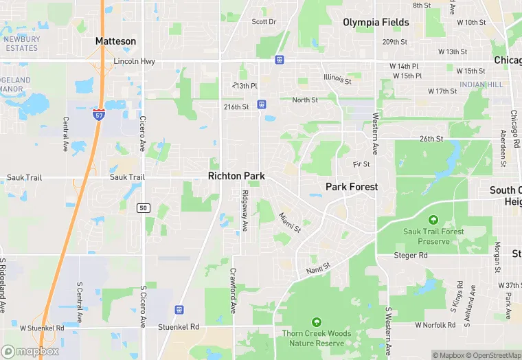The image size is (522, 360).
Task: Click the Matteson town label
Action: [115, 41]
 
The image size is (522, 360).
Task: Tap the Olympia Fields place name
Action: [376, 22]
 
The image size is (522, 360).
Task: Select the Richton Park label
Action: [236, 177]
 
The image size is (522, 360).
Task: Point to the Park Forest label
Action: [352, 187]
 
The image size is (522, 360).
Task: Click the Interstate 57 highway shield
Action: [99, 113]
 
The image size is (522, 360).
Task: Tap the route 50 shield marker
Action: [143, 207]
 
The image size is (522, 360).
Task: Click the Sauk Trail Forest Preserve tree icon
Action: [433, 220]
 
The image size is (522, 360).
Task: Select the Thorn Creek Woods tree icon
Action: [316, 322]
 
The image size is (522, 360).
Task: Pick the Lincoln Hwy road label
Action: [135, 61]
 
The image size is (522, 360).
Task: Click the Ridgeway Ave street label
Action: [245, 210]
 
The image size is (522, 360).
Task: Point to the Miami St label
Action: [290, 222]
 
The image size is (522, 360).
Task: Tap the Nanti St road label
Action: [319, 269]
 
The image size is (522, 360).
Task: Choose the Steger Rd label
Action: [411, 256]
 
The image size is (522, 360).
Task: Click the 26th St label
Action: [432, 139]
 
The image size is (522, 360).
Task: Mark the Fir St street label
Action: [361, 165]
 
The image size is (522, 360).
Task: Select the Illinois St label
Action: [337, 80]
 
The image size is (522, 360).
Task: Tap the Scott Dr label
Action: [264, 22]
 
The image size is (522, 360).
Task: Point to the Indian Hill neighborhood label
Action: [481, 85]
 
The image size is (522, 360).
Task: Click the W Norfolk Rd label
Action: [435, 324]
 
